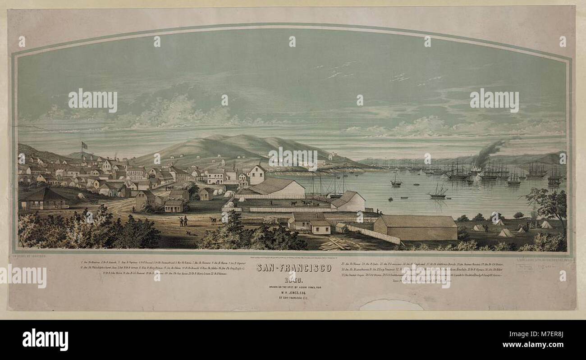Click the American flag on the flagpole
(84, 145)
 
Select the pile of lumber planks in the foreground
(336, 244)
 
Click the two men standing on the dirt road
(183, 221)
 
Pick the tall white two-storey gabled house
(256, 174)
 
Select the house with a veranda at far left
(44, 199)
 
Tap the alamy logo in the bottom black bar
(45, 339)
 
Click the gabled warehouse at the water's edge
(348, 201)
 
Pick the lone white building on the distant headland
(332, 156)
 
